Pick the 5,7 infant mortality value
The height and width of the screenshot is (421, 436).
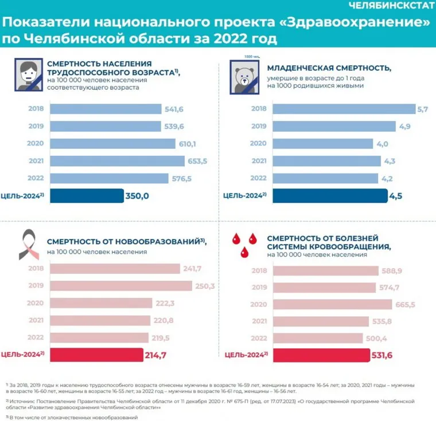pos(423,109)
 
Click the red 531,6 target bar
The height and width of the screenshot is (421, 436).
pos(321,355)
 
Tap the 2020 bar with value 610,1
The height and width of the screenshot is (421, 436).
pos(112,144)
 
